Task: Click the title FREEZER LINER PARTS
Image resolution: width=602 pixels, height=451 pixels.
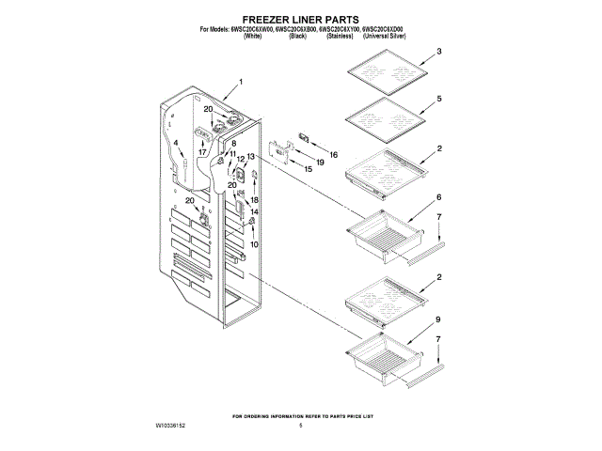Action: point(301,19)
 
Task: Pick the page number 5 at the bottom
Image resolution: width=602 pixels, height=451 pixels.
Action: point(301,426)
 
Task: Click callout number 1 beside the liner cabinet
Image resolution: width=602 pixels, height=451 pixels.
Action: point(241,83)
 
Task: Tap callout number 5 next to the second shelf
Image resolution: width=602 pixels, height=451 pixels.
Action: point(438,99)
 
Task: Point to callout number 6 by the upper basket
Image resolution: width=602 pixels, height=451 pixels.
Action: point(438,198)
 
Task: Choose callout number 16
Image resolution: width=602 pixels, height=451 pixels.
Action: point(332,153)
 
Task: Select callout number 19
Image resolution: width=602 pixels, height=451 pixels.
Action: point(319,162)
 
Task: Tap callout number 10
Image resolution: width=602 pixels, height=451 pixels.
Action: point(254,243)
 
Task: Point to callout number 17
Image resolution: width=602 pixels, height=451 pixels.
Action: point(201,150)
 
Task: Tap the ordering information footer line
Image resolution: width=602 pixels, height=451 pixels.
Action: point(301,414)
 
